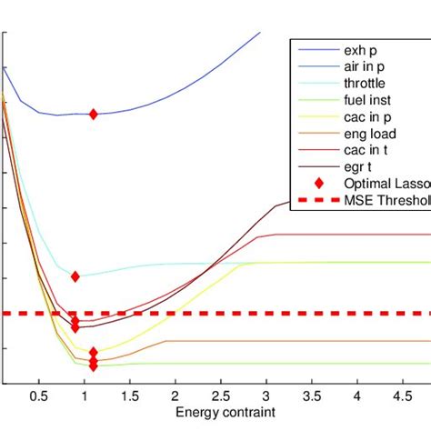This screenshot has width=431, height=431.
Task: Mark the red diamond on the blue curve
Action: pyautogui.click(x=93, y=114)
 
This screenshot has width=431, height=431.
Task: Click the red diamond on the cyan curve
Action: pyautogui.click(x=75, y=276)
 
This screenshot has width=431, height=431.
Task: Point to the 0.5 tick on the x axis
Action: pyautogui.click(x=38, y=397)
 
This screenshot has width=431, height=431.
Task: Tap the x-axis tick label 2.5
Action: pyautogui.click(x=220, y=397)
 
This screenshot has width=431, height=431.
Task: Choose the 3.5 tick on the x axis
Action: pyautogui.click(x=311, y=397)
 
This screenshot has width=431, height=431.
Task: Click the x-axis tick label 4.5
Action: pyautogui.click(x=402, y=397)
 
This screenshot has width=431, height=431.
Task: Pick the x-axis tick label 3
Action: pyautogui.click(x=266, y=397)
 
